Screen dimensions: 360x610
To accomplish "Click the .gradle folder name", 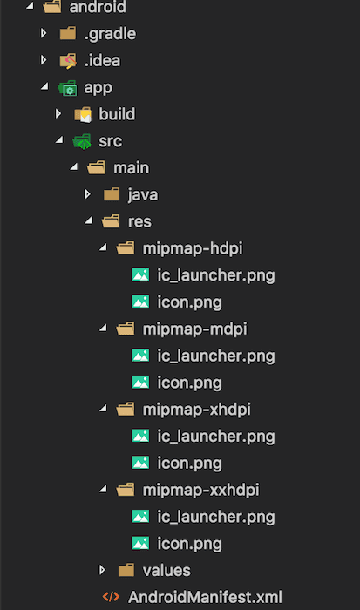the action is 110,34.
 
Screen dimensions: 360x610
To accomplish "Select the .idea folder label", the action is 102,60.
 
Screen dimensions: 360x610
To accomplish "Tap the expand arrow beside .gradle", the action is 44,33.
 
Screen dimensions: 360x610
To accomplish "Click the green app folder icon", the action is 68,88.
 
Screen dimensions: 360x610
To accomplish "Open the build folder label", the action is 117,114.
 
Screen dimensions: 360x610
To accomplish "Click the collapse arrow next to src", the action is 59,140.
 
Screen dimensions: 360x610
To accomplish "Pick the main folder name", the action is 131,167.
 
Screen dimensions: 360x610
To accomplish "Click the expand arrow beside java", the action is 87,194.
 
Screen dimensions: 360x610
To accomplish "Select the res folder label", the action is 139,221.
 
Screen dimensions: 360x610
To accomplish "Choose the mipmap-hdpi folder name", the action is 193,249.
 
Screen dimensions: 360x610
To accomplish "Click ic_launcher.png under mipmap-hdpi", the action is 216,276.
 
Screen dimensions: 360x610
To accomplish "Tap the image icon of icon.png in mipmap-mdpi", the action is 140,383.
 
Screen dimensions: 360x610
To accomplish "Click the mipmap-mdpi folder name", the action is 194,329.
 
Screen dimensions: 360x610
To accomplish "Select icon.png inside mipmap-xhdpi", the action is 189,464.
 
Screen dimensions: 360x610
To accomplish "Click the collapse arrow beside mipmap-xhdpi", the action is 103,409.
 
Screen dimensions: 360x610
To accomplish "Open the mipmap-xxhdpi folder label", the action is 200,490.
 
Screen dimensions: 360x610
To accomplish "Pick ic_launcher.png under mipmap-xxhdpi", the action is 216,518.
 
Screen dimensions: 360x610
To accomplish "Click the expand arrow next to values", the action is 102,570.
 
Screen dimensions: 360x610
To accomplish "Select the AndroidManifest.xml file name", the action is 205,597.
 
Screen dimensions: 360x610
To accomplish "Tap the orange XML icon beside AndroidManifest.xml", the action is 111,597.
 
